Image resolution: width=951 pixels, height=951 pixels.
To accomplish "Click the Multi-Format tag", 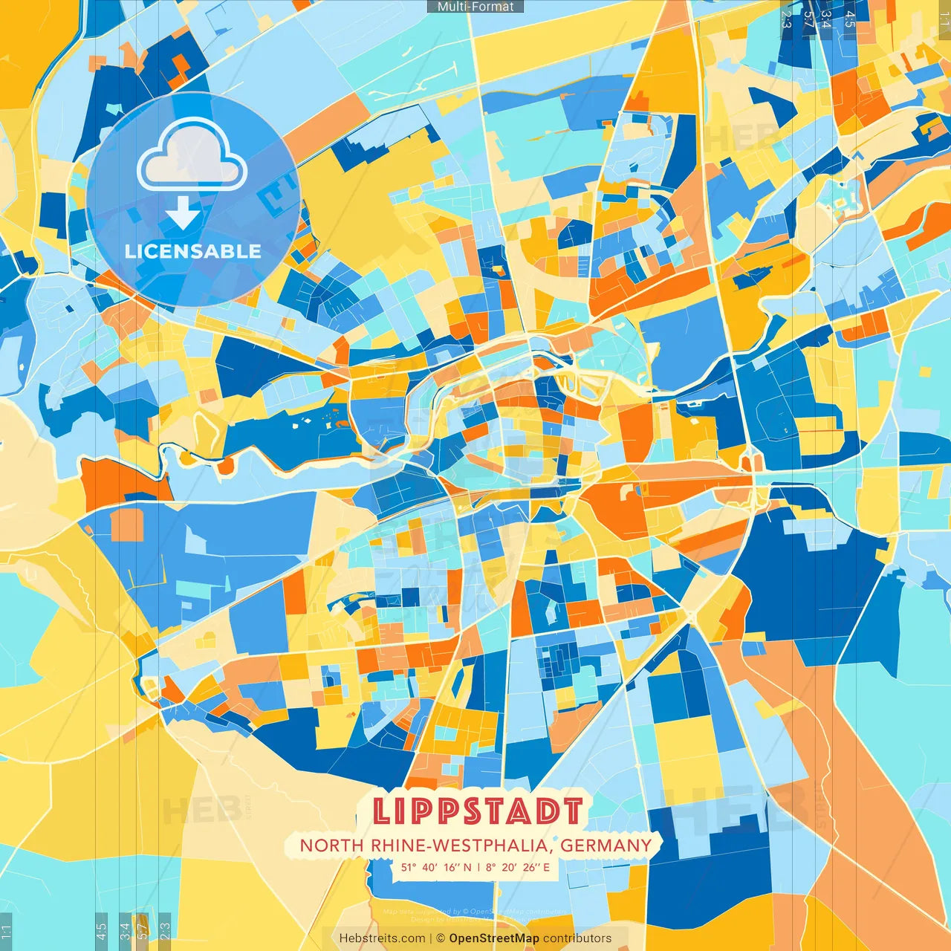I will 475,7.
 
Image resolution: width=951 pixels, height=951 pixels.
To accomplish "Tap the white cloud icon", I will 192,156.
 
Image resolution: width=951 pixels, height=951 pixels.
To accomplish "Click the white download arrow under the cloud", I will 183,213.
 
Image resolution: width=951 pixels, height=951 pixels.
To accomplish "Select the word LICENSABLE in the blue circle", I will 193,251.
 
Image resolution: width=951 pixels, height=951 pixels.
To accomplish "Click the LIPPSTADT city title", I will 477,811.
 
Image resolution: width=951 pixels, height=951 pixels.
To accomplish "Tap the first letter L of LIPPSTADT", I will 381,811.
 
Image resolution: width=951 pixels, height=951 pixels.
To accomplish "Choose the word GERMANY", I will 606,845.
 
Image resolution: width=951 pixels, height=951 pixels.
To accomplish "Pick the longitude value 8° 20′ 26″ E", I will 519,867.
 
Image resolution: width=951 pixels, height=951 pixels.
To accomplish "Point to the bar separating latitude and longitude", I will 479,867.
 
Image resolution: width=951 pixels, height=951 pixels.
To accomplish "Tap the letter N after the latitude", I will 467,867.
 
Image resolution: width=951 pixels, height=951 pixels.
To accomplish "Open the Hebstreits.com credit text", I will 382,938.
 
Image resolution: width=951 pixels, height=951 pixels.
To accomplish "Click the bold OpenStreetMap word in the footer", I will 494,938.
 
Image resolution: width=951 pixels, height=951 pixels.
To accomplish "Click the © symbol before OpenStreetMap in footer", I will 441,938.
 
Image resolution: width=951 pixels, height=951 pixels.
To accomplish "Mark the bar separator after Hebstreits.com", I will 431,938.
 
